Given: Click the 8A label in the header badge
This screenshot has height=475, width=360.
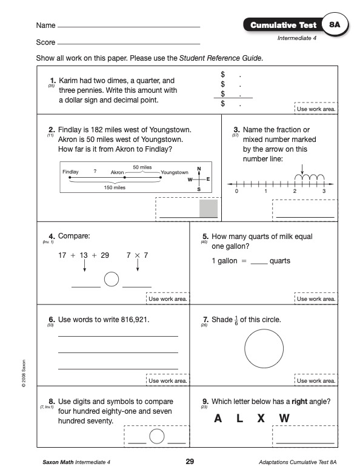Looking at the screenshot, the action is pos(335,24).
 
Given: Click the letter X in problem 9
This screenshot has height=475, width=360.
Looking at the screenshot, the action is pos(261,419).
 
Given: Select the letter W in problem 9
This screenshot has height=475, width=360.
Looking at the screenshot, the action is pos(284,419).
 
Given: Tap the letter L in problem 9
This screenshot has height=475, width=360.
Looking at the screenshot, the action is pos(239,419).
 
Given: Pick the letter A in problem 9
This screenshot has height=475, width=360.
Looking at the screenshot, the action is pos(218,419).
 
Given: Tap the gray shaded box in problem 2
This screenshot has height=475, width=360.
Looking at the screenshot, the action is pos(208,208).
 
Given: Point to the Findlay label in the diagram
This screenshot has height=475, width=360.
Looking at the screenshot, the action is pos(70,172).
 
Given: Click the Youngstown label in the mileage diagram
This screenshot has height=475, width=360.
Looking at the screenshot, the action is pos(175,172).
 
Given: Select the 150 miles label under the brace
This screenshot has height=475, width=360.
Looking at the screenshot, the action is pos(115,187).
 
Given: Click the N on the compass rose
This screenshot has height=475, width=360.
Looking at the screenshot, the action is pos(199,169).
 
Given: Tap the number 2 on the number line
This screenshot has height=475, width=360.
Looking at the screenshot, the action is pos(295,191).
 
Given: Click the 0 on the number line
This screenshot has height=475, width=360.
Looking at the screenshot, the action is pos(236,191).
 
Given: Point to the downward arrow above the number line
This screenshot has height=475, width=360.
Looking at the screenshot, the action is pos(302,169).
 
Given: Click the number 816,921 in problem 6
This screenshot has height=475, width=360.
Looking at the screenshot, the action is pos(135,320).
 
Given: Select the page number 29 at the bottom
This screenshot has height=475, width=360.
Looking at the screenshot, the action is pos(190,462).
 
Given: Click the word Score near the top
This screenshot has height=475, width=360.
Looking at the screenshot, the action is pos(45,42).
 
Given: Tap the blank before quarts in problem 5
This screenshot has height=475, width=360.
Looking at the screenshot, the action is pos(259,264).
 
